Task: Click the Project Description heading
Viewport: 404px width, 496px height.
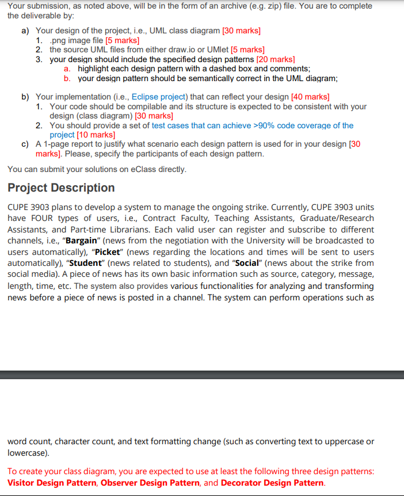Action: coord(61,188)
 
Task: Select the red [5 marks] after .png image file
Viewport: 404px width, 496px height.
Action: coord(121,40)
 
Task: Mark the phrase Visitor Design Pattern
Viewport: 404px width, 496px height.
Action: coord(52,482)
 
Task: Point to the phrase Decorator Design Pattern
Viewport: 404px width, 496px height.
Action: coord(272,482)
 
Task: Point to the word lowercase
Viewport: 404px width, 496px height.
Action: coord(26,453)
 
